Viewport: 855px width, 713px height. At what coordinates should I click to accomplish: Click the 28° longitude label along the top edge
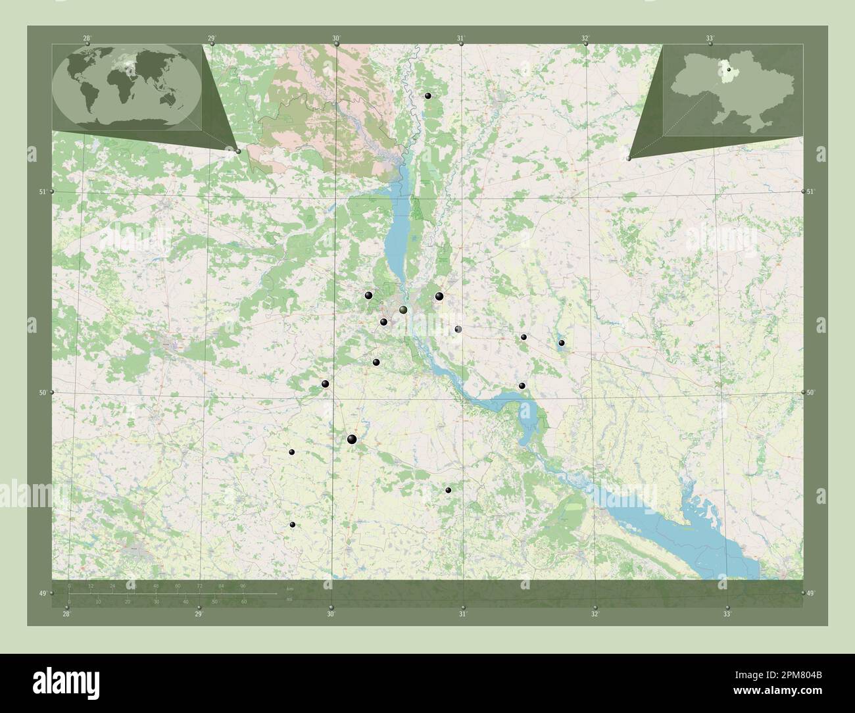click(x=87, y=39)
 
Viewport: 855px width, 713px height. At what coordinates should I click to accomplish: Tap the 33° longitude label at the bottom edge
click(x=727, y=614)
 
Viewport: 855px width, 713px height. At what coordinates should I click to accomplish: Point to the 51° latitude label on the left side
click(x=42, y=192)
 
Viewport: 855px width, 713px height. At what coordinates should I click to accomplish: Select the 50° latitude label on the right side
click(x=811, y=393)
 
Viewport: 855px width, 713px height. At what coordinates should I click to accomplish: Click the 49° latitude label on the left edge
click(x=42, y=594)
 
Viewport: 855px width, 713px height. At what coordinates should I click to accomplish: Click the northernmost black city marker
click(x=428, y=96)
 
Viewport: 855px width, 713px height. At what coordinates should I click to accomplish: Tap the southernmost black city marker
click(x=293, y=524)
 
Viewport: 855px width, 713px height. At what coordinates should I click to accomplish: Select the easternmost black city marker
click(x=561, y=343)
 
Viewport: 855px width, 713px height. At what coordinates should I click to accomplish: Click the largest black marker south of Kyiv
click(x=352, y=439)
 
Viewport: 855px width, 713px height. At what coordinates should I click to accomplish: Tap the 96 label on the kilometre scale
click(x=243, y=586)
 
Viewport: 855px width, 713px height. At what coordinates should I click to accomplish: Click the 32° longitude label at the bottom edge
click(x=595, y=614)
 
